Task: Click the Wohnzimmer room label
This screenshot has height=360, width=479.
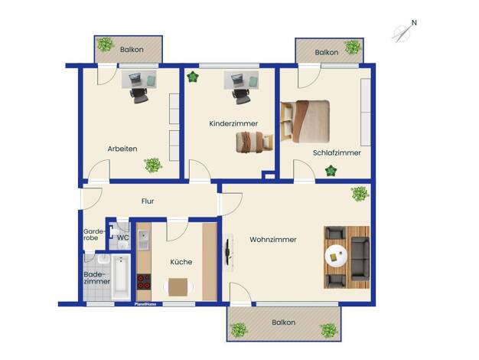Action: [x=273, y=240]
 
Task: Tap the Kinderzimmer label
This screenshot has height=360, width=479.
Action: [x=233, y=123]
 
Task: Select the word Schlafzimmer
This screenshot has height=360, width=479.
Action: [x=337, y=152]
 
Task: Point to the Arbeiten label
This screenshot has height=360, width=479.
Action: [x=122, y=149]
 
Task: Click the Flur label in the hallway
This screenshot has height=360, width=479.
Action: [x=148, y=201]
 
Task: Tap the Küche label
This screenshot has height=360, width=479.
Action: [x=181, y=262]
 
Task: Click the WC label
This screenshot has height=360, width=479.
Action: [x=122, y=237]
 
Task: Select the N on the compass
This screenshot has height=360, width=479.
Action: [x=414, y=23]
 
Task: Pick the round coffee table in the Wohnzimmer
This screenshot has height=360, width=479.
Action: [x=336, y=256]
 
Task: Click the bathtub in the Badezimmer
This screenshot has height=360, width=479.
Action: [x=121, y=277]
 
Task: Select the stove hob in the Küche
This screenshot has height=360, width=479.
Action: [x=144, y=282]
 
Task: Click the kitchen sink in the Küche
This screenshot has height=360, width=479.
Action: [x=144, y=240]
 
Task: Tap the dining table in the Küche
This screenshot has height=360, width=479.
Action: [x=178, y=287]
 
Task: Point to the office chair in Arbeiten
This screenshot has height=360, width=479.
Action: [x=139, y=96]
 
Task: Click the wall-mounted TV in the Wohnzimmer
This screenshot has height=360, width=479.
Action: [x=227, y=252]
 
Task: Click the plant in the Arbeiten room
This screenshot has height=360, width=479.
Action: [x=153, y=165]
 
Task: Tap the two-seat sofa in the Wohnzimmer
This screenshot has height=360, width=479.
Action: [x=360, y=258]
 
